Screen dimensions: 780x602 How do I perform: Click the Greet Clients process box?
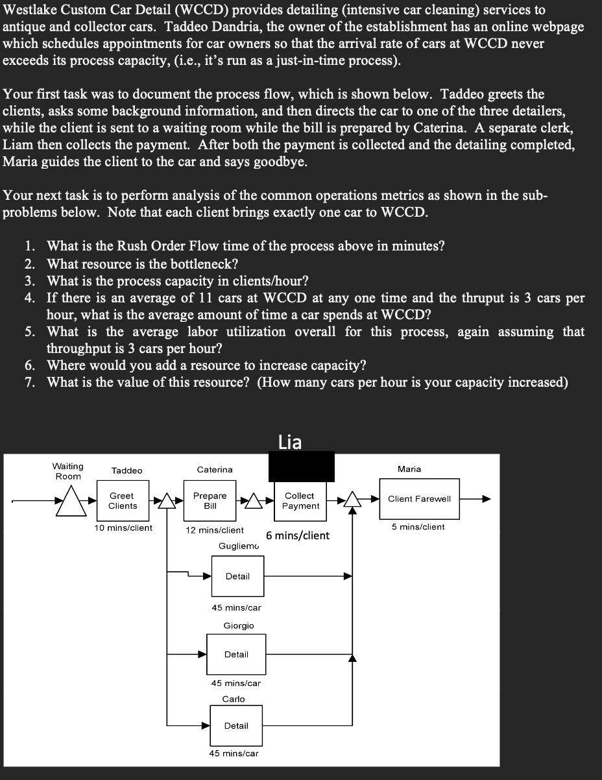tap(123, 500)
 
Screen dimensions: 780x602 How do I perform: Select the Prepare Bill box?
tap(210, 500)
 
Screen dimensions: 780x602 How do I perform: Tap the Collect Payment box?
tap(300, 500)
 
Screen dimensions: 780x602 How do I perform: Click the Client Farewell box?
tap(419, 498)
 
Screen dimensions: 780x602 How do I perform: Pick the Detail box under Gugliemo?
tap(237, 576)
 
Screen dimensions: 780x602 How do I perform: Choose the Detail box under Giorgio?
tap(236, 654)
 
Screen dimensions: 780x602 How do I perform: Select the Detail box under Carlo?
tap(236, 725)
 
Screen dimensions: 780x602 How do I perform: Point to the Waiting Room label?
tap(67, 471)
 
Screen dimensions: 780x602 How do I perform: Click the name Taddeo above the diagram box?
tap(126, 470)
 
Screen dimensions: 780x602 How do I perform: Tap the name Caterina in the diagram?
tap(215, 469)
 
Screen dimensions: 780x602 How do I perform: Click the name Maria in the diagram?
tap(409, 469)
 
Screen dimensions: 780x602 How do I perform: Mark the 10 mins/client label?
tap(123, 528)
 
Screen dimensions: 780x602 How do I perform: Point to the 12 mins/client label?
tap(215, 530)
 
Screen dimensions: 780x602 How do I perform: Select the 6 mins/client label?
tap(298, 535)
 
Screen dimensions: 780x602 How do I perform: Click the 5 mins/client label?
tap(418, 527)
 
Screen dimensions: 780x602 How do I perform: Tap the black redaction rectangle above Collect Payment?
tap(302, 467)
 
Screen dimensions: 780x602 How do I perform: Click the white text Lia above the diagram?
tap(289, 442)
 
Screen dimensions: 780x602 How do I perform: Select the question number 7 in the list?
tap(30, 382)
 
